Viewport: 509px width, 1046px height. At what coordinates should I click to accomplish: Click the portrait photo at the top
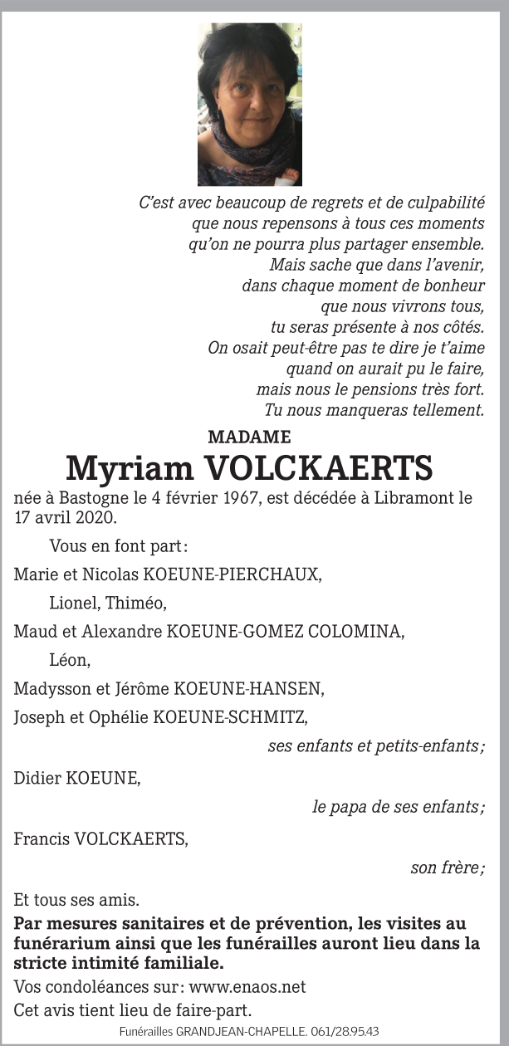click(x=249, y=104)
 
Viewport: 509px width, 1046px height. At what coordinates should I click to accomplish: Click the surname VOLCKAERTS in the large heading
click(x=319, y=469)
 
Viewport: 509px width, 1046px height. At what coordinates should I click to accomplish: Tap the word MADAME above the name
click(x=249, y=437)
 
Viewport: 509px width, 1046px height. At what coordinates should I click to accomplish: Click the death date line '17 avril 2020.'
click(x=66, y=517)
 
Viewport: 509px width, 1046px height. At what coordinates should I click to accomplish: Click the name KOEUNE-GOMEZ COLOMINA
click(x=285, y=632)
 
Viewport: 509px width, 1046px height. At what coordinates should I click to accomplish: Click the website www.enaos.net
click(x=247, y=987)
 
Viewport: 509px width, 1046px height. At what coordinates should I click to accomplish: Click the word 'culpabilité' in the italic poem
click(x=443, y=203)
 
